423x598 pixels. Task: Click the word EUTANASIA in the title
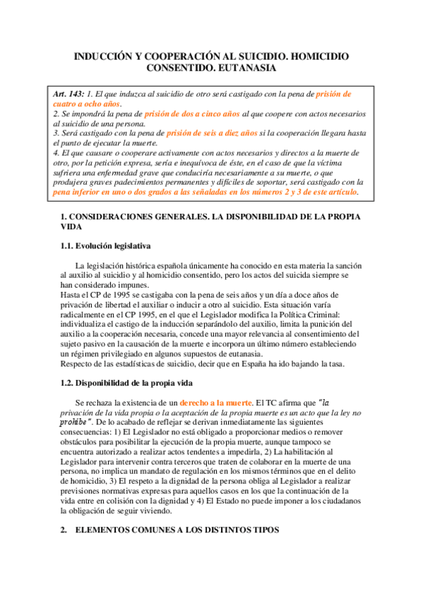click(240, 68)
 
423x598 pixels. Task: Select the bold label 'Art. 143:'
click(69, 94)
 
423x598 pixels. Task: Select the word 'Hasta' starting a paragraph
click(71, 294)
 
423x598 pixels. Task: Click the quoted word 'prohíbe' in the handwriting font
click(79, 421)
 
